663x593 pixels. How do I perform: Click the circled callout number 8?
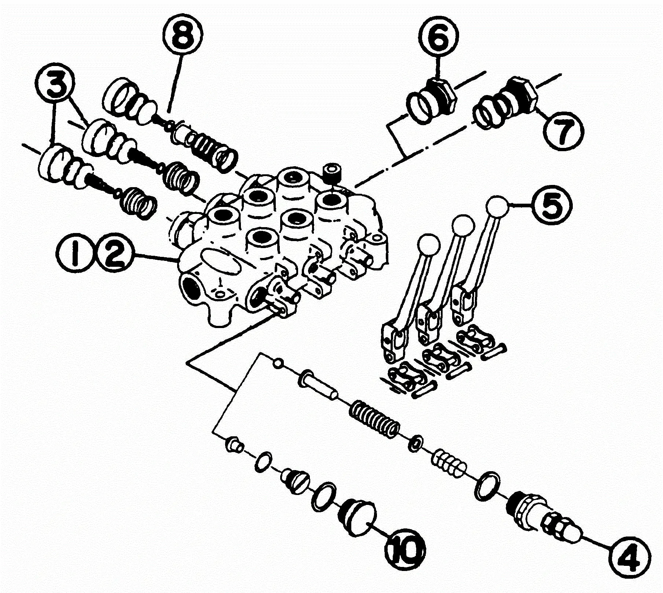(182, 36)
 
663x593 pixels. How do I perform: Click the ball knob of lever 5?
(497, 208)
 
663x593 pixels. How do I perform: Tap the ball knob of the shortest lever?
(428, 244)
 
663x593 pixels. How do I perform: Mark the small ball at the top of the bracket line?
(278, 363)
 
